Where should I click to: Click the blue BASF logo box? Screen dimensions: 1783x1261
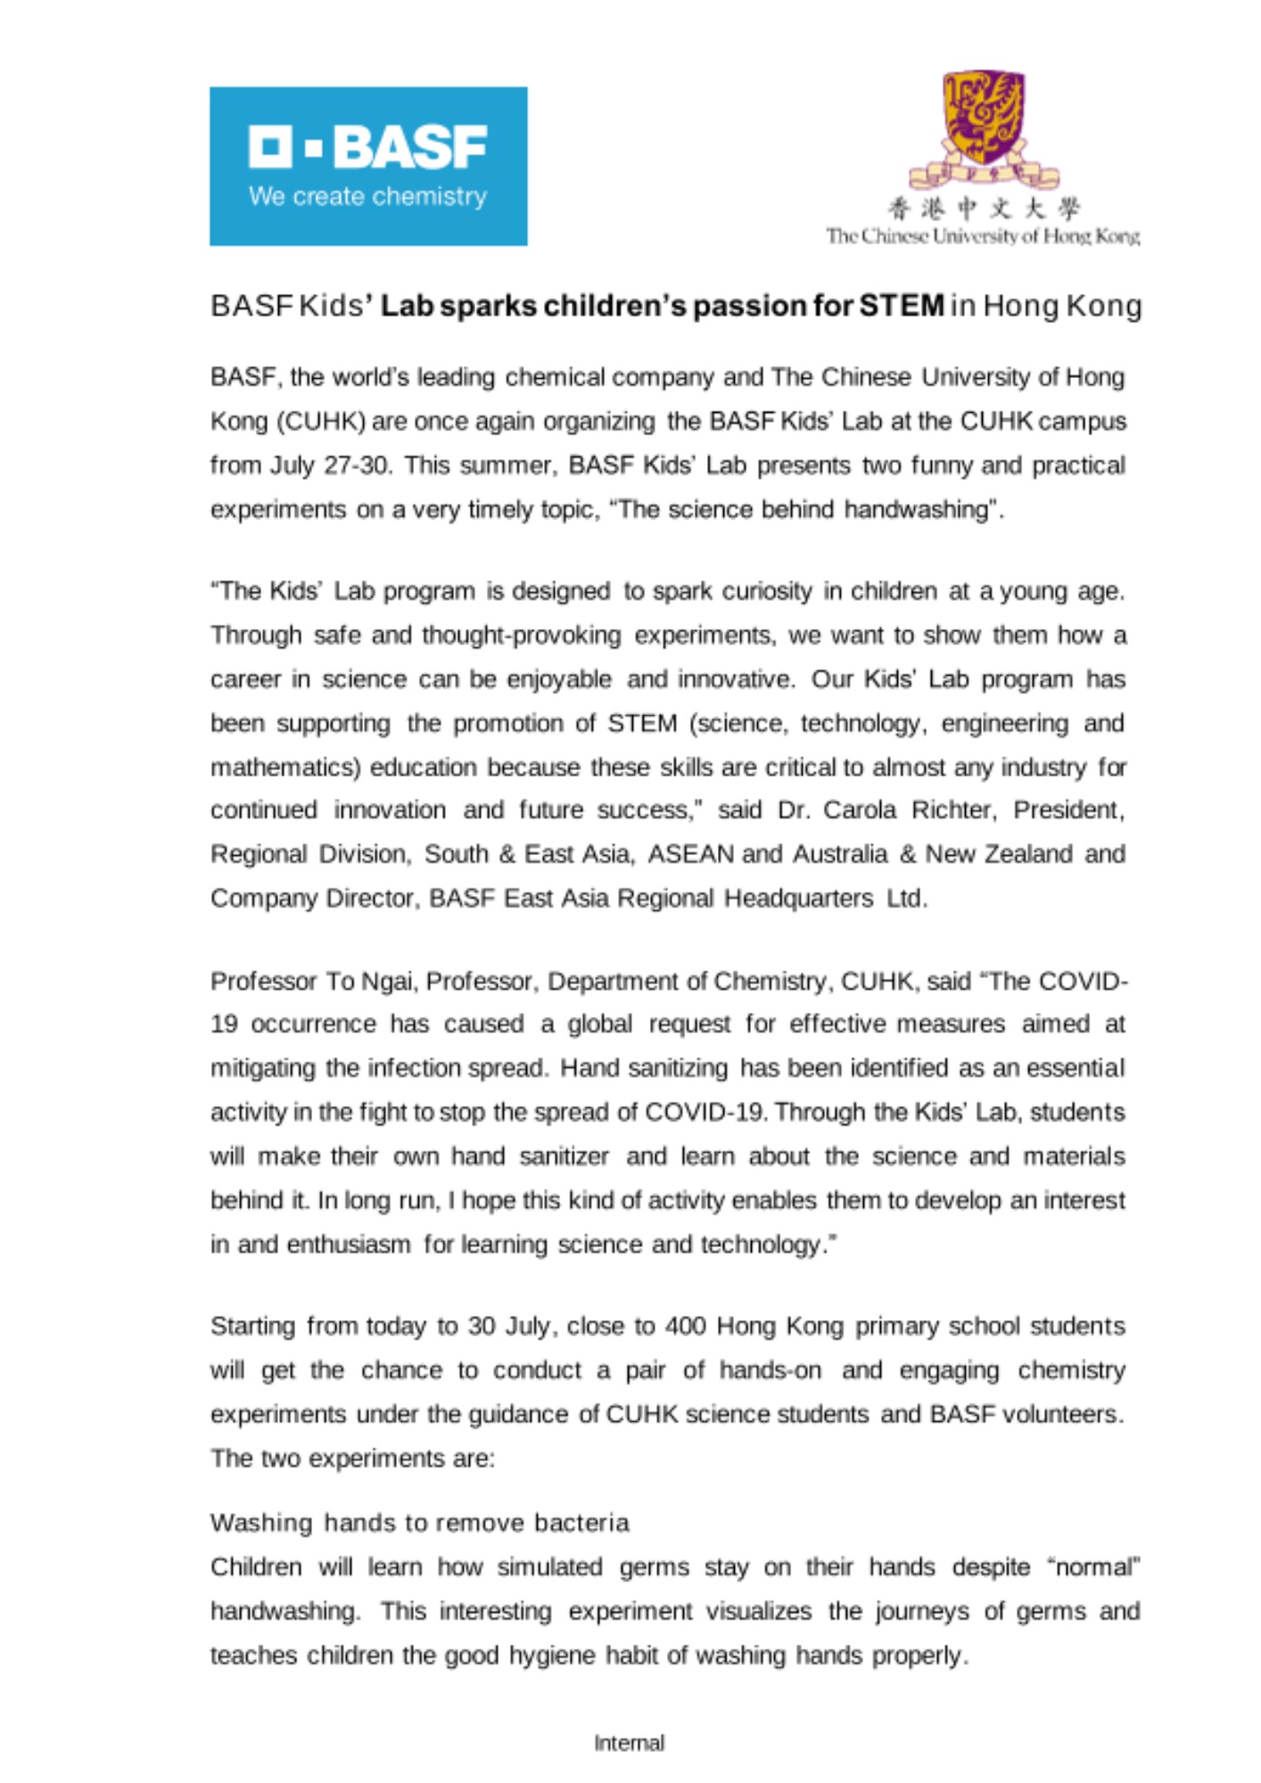click(x=368, y=166)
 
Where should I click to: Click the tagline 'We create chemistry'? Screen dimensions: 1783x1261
click(x=367, y=196)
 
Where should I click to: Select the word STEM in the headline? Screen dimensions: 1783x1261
click(x=901, y=306)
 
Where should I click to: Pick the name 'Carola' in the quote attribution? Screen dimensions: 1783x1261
click(x=860, y=809)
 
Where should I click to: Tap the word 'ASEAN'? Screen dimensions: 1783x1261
click(x=690, y=854)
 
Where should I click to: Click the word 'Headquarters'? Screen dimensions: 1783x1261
click(x=798, y=898)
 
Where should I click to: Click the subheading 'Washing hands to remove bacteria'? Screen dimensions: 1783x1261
click(x=420, y=1522)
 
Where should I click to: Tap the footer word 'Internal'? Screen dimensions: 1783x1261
click(x=630, y=1742)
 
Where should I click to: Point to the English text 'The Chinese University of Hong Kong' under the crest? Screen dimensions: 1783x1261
click(x=983, y=236)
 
